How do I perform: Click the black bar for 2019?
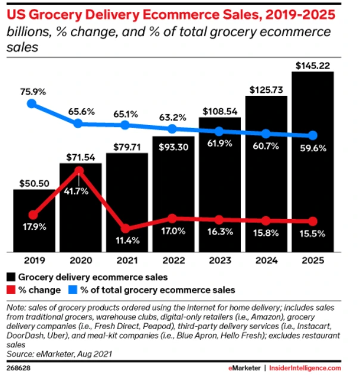(x=34, y=220)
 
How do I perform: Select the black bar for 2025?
(x=312, y=179)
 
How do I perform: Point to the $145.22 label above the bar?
(x=312, y=63)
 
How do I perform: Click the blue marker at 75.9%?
(x=33, y=104)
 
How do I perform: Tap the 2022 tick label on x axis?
(x=173, y=260)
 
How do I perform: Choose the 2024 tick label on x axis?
(x=266, y=260)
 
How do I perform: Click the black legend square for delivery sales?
(x=12, y=277)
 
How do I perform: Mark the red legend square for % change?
(x=12, y=290)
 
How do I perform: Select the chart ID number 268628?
(x=18, y=367)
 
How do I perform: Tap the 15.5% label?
(x=313, y=234)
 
